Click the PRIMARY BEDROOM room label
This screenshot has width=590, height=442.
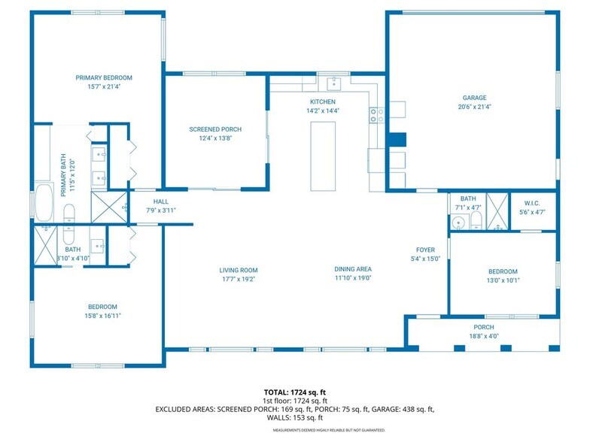(104, 77)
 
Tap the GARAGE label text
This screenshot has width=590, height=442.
(474, 98)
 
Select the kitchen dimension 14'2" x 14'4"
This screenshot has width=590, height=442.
(323, 110)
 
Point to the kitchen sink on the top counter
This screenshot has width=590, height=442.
(333, 83)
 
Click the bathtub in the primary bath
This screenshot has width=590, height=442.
(44, 201)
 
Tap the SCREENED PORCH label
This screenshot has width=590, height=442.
(215, 129)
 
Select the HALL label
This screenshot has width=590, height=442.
(161, 201)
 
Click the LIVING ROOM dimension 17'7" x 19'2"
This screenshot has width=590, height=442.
(238, 278)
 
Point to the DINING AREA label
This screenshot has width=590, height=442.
(353, 268)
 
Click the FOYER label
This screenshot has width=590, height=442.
(426, 250)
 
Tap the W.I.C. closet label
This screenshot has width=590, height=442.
(533, 203)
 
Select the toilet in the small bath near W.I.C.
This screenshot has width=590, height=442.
(476, 220)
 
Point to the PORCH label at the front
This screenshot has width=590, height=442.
(483, 327)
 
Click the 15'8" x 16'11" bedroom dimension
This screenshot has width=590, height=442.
(102, 316)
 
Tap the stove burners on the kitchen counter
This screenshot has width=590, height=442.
(376, 115)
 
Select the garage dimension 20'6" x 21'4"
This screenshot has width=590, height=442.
(474, 107)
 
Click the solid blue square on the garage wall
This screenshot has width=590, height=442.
(397, 141)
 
